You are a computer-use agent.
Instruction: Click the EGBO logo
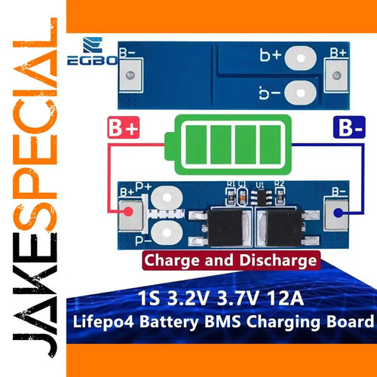(92, 51)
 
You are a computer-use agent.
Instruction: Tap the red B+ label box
(124, 127)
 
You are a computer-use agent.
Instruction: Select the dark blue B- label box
(349, 127)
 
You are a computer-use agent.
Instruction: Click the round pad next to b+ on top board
(301, 58)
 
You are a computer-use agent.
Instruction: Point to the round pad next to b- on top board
(301, 93)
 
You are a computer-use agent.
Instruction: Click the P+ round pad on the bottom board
(167, 198)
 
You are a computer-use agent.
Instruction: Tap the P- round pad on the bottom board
(167, 233)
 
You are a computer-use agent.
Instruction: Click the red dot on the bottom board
(128, 212)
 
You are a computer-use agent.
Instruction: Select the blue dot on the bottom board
(338, 213)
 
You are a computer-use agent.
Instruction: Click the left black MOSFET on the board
(221, 228)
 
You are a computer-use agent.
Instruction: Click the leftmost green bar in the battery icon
(196, 145)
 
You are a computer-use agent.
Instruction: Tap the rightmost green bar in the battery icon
(270, 145)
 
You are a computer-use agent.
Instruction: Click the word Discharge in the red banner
(277, 260)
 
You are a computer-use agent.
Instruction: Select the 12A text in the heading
(285, 299)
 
